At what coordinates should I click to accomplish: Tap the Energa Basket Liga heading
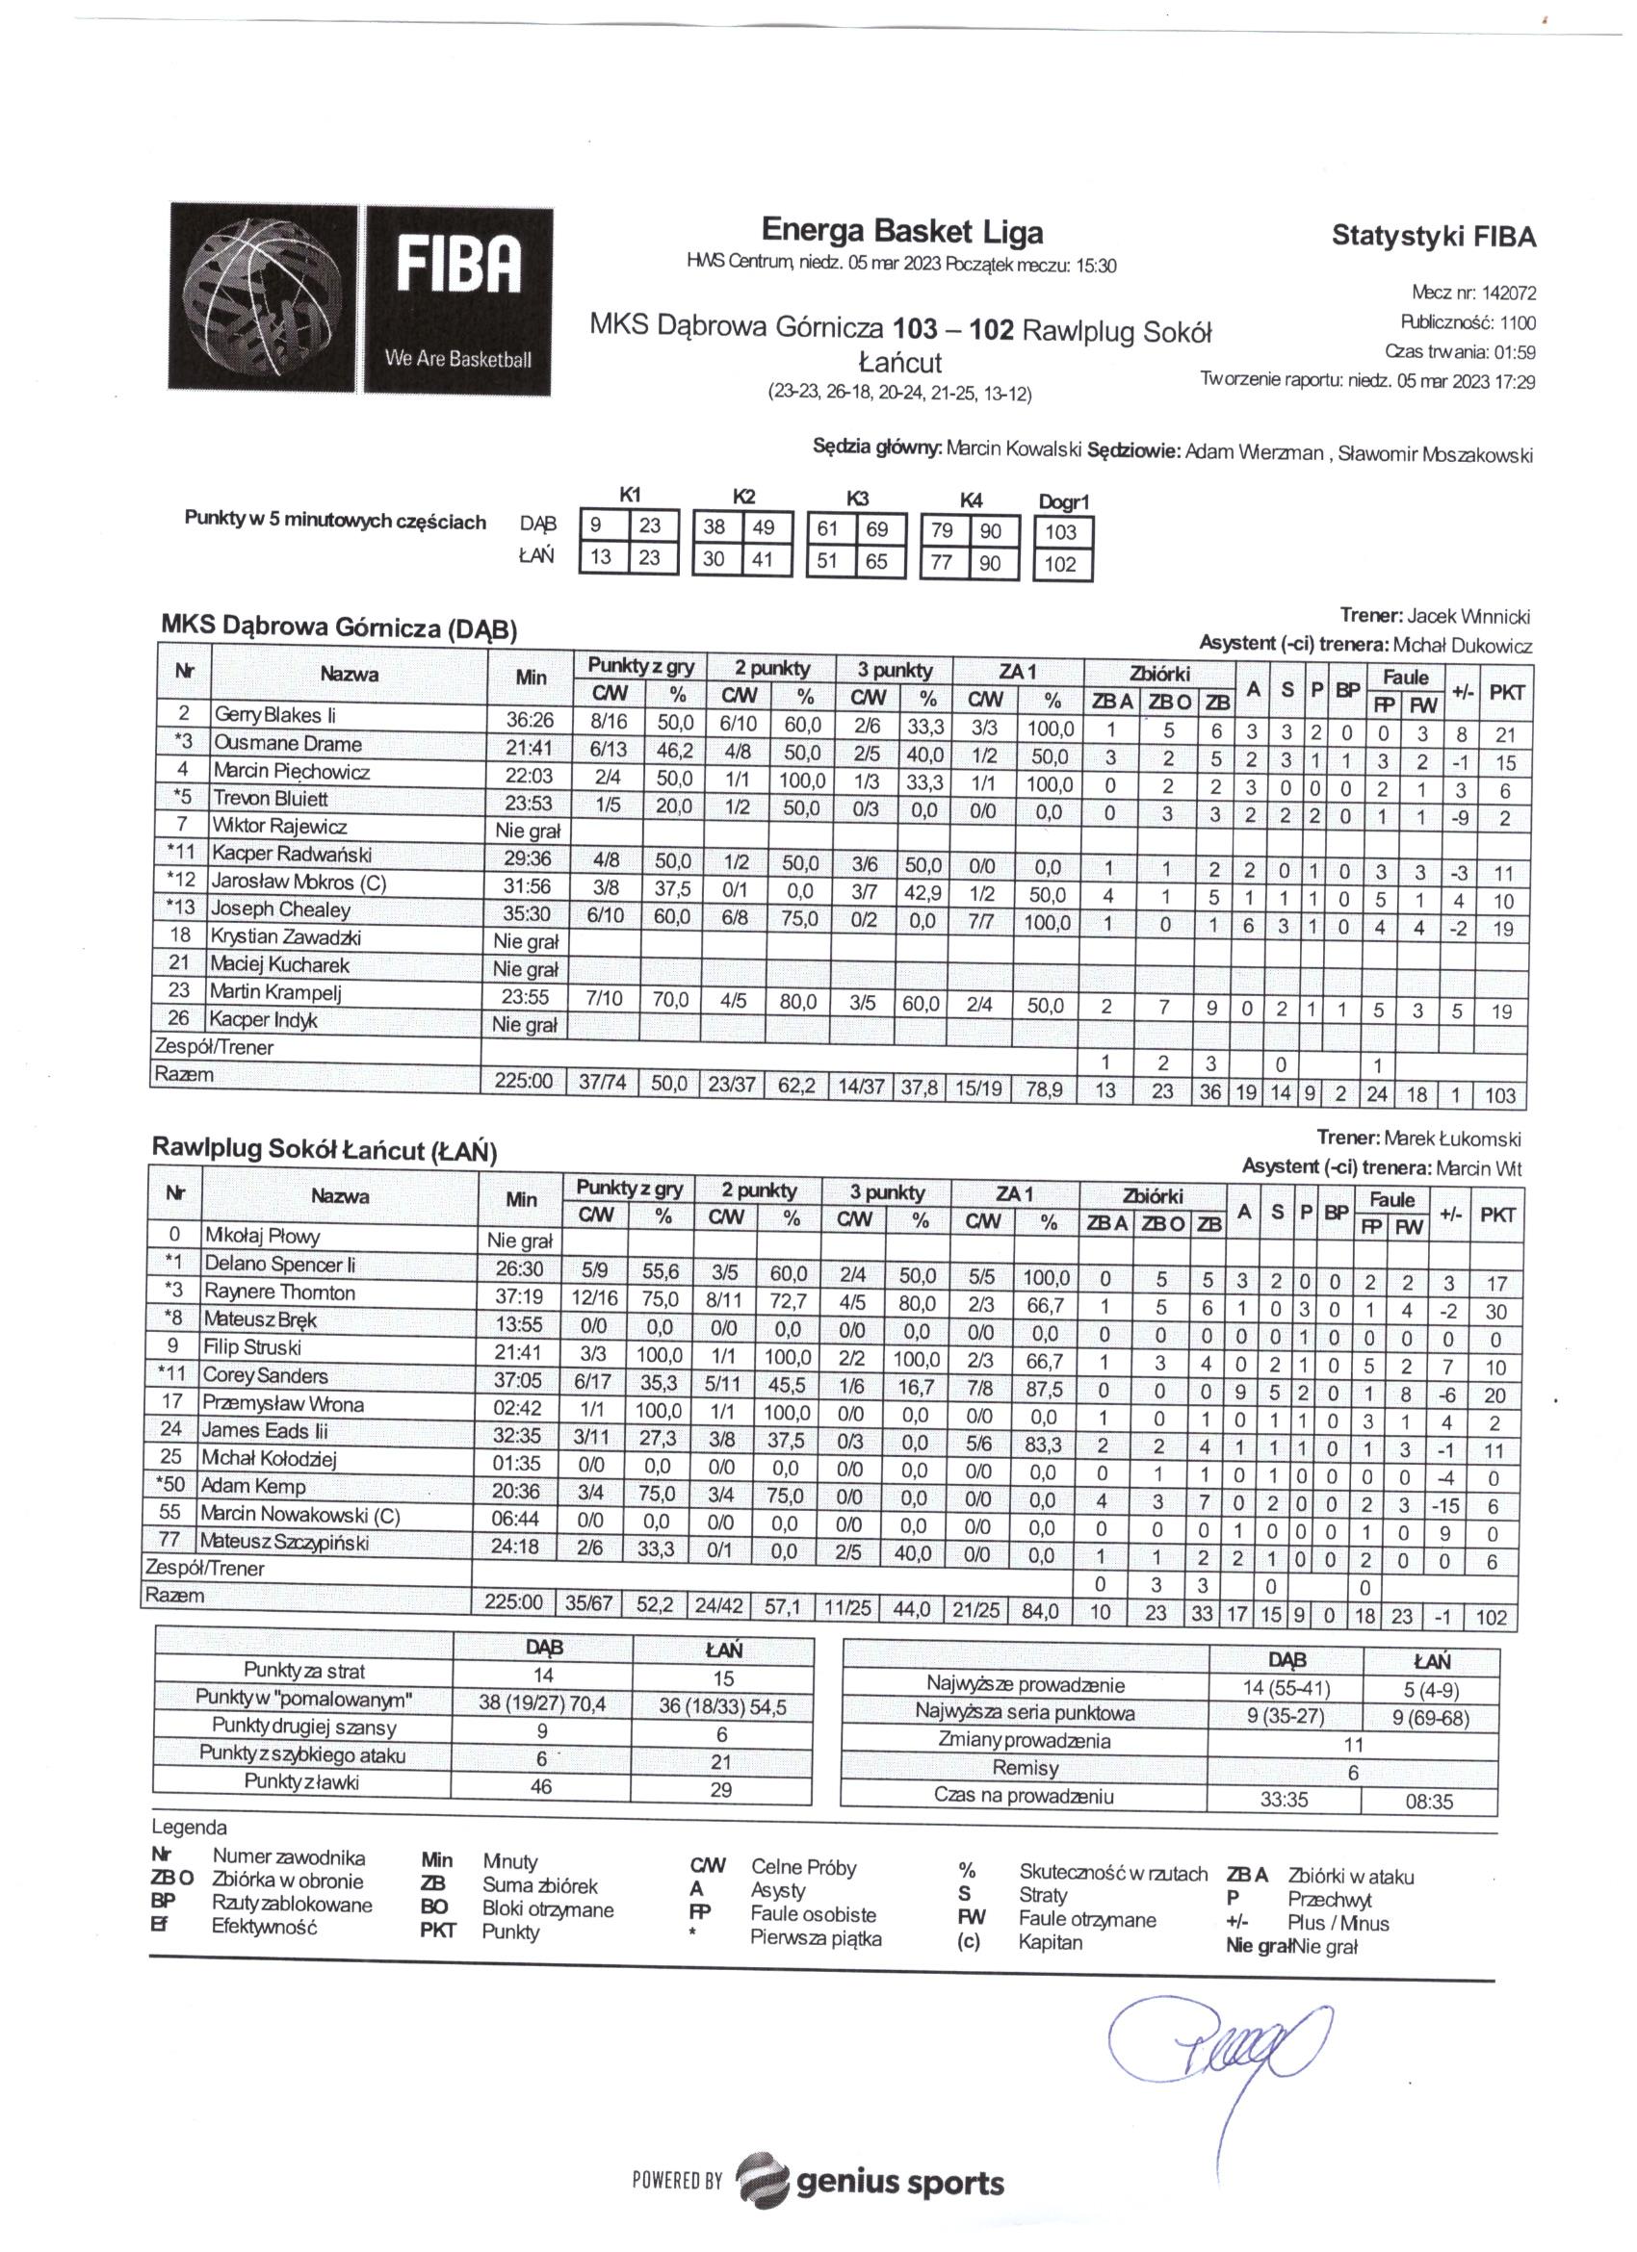(x=902, y=231)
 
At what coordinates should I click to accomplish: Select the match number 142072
(x=1508, y=293)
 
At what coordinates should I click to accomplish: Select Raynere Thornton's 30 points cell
(x=1496, y=1311)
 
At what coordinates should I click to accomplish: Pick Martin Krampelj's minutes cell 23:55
(x=527, y=998)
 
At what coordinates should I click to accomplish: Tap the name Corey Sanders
(x=265, y=1376)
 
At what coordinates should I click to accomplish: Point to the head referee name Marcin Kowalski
(x=1013, y=449)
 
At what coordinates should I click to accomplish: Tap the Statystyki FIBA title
(x=1433, y=237)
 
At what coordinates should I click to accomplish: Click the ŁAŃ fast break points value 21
(x=721, y=1760)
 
